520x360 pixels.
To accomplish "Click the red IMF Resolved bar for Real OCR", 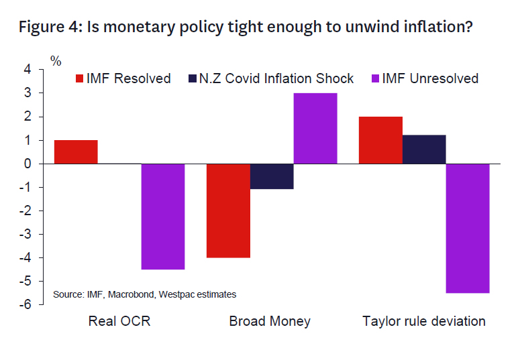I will point(76,152).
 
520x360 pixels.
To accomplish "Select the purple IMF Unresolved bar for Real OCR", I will point(162,217).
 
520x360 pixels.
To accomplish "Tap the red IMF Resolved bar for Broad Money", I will point(229,211).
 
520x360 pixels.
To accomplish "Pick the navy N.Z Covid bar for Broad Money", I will point(272,176).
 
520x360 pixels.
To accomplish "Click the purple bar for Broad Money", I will point(315,128).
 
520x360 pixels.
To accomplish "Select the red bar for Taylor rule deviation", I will point(381,140).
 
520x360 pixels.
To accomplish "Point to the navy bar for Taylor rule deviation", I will point(424,149).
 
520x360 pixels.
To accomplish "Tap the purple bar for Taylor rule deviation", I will point(468,228).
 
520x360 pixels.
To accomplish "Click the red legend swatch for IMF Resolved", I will point(79,78).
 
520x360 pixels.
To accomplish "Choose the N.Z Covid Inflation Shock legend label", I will point(276,78).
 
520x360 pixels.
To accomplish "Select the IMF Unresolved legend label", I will point(430,78).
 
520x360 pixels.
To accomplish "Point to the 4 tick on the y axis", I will point(27,70).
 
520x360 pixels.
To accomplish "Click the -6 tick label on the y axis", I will point(25,305).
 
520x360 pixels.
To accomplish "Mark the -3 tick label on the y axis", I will point(25,235).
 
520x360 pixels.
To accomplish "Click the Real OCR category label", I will point(119,321).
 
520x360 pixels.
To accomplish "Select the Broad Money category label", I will point(270,321).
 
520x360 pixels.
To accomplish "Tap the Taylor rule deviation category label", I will point(424,321).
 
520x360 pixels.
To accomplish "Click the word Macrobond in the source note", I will point(127,294).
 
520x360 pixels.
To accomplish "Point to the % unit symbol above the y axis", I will point(56,62).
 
